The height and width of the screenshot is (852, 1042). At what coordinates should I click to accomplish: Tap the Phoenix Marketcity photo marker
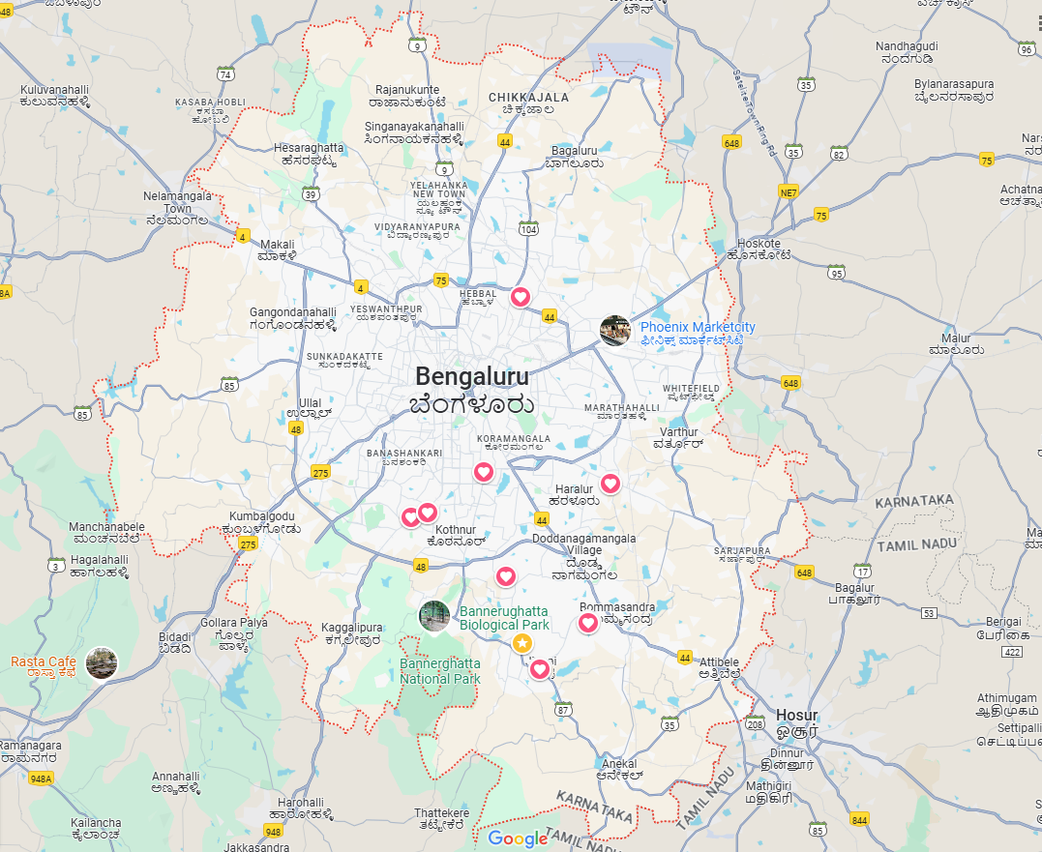[x=615, y=331]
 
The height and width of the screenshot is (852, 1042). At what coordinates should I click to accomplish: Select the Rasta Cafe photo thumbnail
[x=101, y=662]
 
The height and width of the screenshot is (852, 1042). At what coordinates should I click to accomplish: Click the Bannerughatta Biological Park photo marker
[x=433, y=615]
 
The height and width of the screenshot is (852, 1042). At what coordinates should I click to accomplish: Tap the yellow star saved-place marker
[x=521, y=643]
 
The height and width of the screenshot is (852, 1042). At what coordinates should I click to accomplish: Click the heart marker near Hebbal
[x=521, y=296]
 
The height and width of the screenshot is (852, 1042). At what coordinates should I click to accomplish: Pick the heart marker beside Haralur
[x=610, y=483]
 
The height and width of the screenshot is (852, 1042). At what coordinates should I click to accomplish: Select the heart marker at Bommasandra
[x=588, y=623]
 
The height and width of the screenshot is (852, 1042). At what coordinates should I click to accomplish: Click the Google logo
[x=518, y=838]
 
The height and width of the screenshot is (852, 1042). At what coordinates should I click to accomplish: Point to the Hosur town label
[x=796, y=716]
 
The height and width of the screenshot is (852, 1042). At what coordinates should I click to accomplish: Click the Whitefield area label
[x=691, y=388]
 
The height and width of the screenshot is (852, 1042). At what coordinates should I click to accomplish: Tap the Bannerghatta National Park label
[x=440, y=671]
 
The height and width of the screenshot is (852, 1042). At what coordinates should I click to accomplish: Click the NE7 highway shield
[x=789, y=191]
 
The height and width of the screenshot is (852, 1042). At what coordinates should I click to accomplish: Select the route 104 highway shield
[x=528, y=228]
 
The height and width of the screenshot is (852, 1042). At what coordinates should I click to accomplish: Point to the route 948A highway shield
[x=41, y=778]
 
